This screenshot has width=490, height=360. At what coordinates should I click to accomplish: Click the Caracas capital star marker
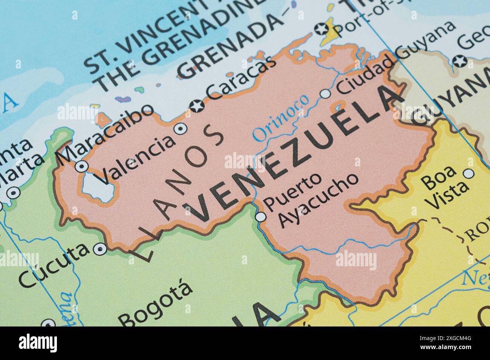pos(197,105)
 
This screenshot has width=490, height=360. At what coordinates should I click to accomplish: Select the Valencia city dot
pos(181,128)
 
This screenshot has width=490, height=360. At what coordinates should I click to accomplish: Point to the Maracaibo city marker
pos(82,166)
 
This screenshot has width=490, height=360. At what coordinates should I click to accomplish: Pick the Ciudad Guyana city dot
pos(325,93)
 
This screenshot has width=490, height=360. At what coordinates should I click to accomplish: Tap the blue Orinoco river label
pos(280,117)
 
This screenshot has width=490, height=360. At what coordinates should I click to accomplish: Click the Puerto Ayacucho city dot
pos(260,217)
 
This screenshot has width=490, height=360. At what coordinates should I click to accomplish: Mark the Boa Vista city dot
pos(469,174)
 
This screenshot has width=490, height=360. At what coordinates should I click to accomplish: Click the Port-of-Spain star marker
pos(321,29)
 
